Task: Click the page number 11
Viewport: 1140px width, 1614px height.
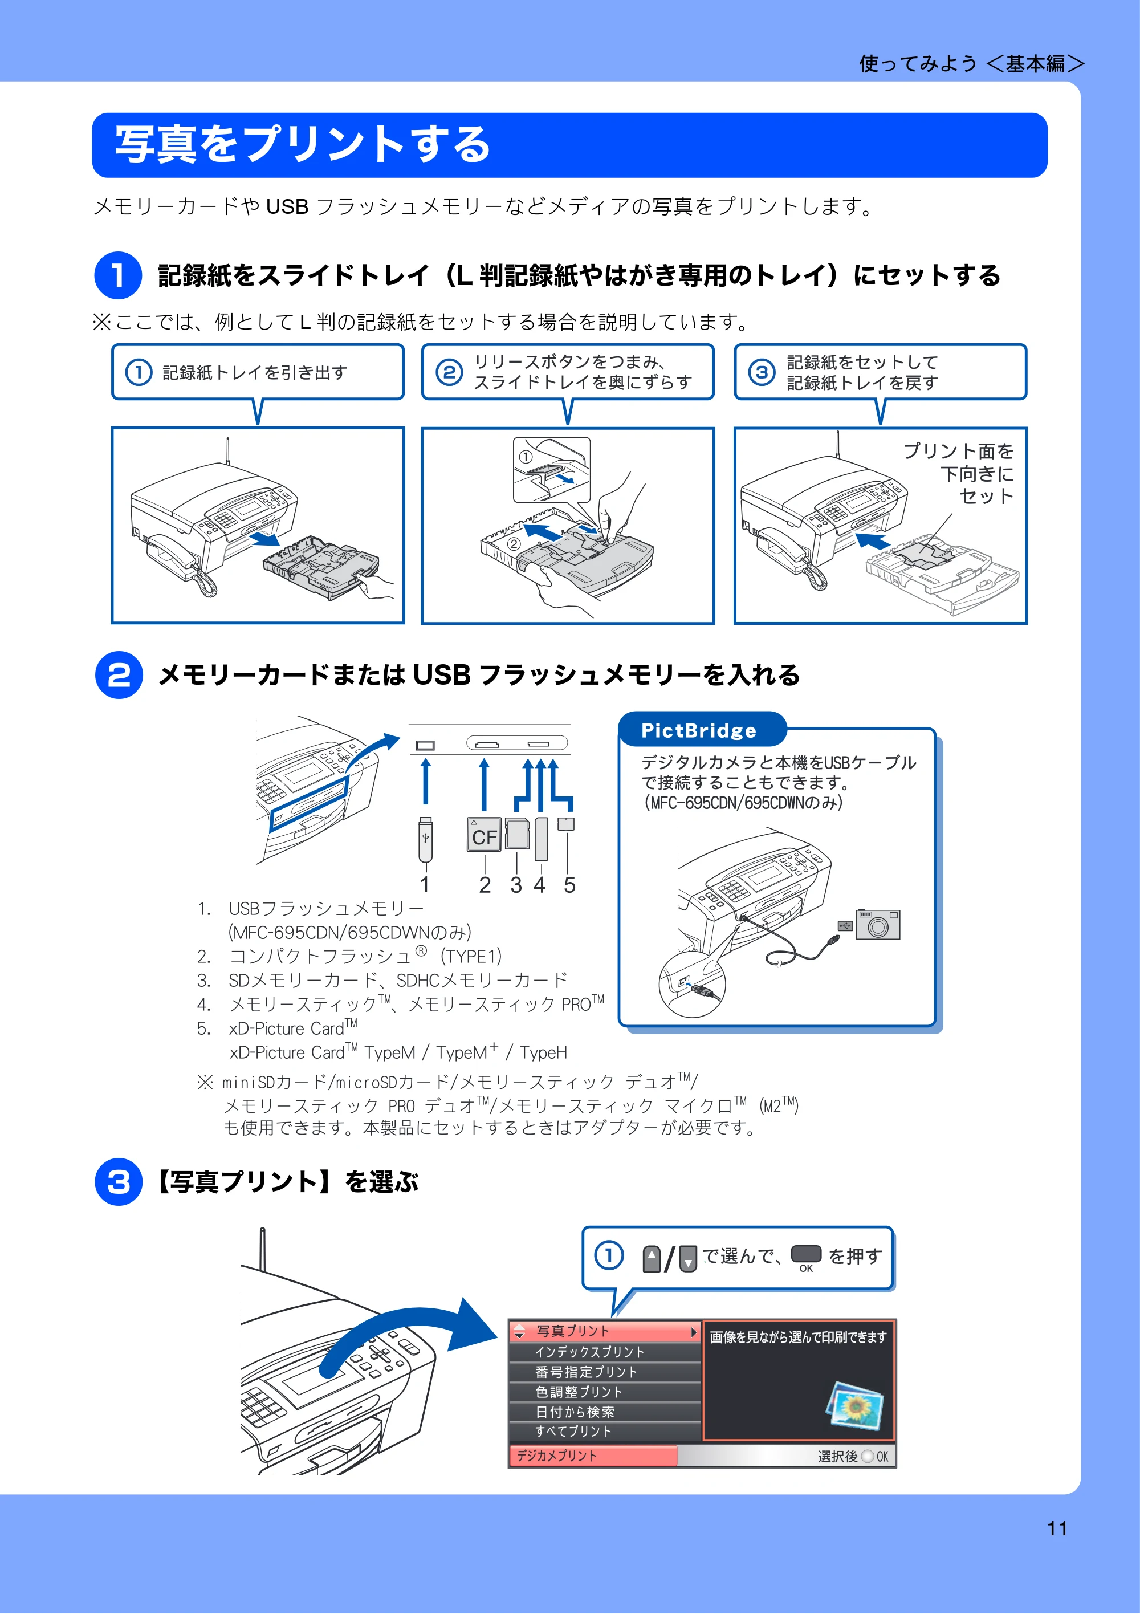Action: point(1057,1528)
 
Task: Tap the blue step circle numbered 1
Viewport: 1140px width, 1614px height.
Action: point(118,275)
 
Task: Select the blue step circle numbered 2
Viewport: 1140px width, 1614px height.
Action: point(119,675)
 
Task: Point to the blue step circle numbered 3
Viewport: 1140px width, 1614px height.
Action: point(119,1182)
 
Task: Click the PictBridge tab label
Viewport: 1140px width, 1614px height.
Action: point(699,730)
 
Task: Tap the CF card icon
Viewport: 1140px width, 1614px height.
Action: point(484,835)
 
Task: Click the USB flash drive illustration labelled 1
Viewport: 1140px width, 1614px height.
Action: point(425,839)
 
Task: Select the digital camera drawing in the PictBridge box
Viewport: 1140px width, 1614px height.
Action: point(878,924)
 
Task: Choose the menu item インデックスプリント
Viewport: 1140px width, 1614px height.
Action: point(589,1352)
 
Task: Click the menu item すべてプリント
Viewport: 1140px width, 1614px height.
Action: point(573,1431)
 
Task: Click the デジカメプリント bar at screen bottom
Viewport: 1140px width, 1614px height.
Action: point(592,1456)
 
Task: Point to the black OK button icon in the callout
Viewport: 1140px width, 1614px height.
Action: point(806,1254)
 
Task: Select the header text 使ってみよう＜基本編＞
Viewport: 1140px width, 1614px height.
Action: point(972,64)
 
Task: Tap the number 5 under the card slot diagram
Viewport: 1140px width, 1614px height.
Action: point(569,885)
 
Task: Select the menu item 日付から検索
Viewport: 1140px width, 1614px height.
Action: point(574,1412)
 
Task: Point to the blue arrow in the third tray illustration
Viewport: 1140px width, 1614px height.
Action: point(872,540)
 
